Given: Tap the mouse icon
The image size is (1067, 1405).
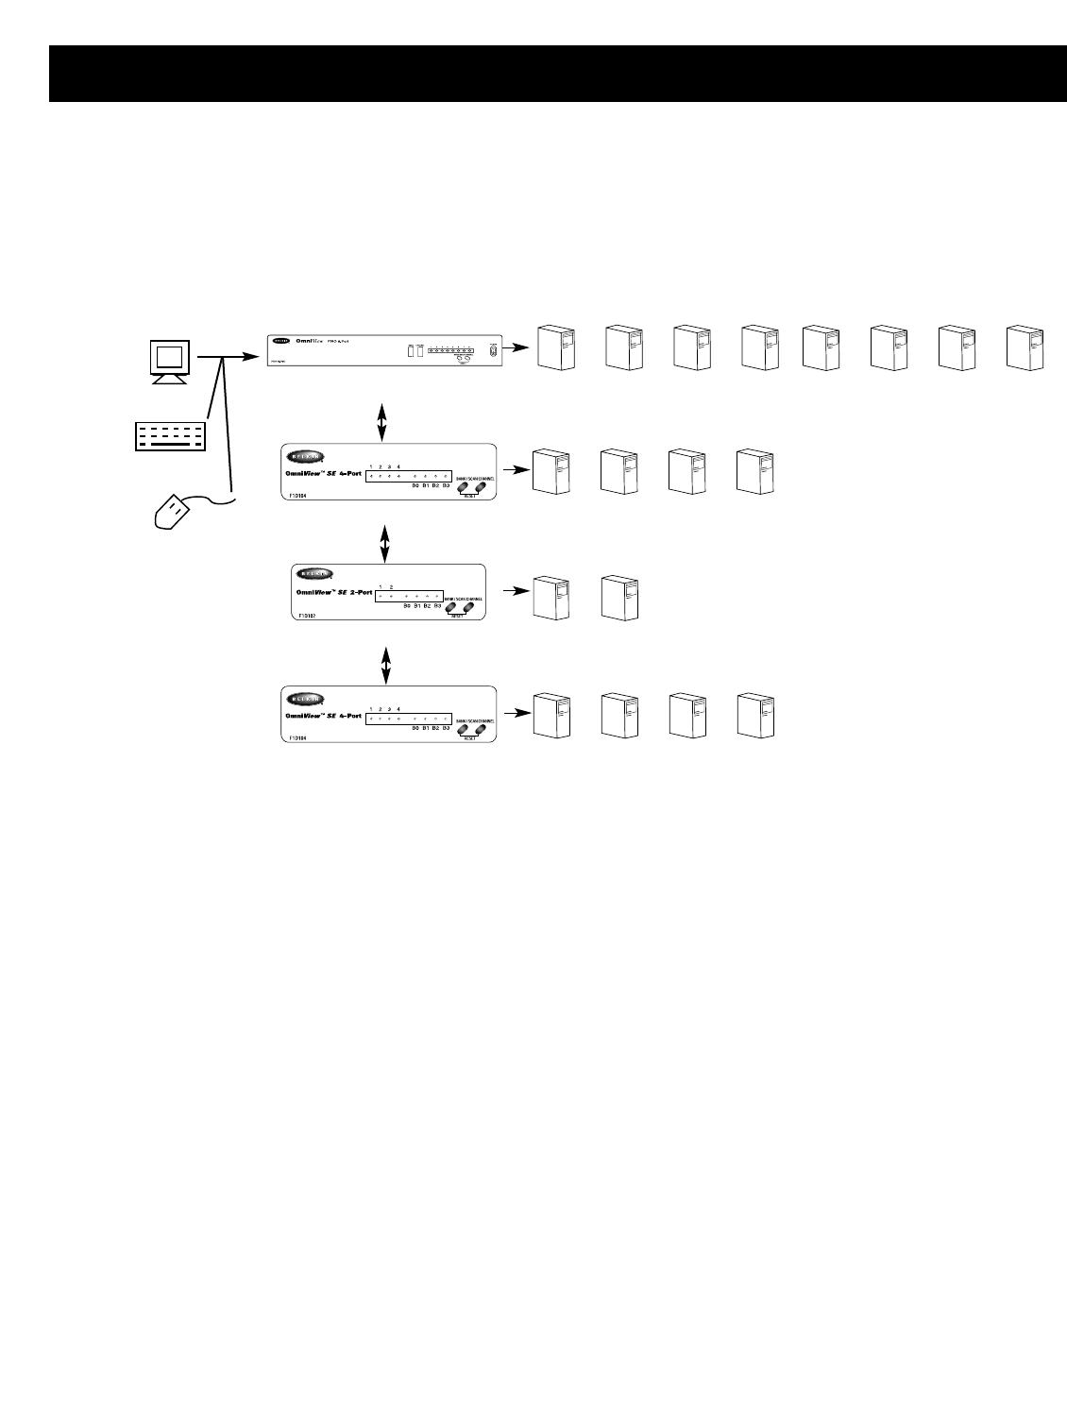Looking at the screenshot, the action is pos(173,516).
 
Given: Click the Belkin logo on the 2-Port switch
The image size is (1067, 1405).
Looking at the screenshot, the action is pos(313,574).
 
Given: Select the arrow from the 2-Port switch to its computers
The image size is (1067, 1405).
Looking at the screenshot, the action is pos(513,591).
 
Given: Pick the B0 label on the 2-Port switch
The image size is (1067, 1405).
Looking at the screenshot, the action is pos(407,605).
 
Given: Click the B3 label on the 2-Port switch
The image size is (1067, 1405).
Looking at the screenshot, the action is pos(438,605).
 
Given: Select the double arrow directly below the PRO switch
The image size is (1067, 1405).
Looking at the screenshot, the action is pos(381,421).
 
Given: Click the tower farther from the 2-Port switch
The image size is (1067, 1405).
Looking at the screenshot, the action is pos(618,596).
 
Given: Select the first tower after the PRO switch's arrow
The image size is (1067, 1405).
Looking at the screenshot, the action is pos(555,347).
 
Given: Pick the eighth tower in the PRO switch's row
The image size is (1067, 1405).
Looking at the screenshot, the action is pos(1025,347).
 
